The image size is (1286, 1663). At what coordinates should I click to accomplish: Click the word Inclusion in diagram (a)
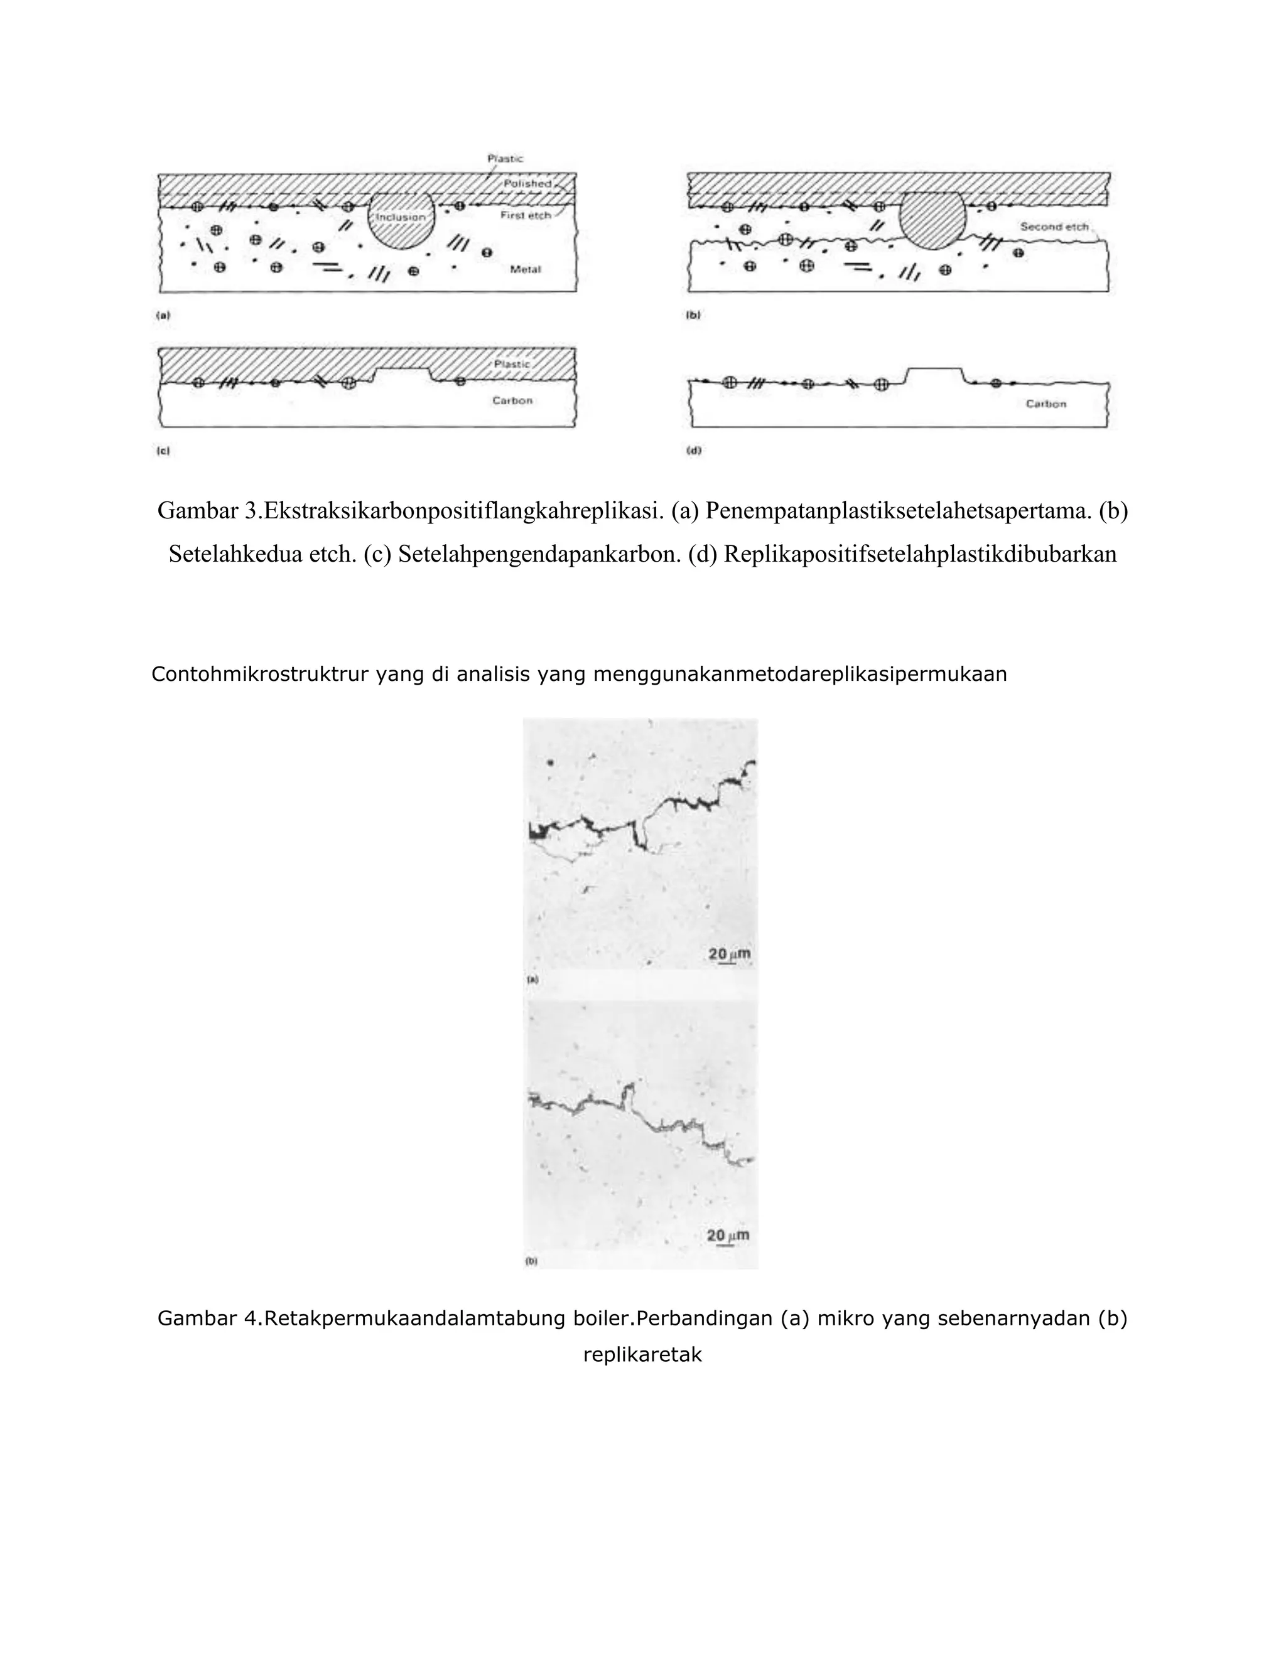(x=401, y=217)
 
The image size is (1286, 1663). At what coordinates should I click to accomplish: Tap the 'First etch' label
(x=525, y=215)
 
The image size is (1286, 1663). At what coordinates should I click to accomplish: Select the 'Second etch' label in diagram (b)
(x=1054, y=227)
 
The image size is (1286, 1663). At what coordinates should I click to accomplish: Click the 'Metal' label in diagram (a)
(x=525, y=270)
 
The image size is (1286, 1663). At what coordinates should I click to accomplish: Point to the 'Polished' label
(x=526, y=183)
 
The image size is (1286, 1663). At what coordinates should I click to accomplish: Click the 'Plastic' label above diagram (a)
(x=505, y=158)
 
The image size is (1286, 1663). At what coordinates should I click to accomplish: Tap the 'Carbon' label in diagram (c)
(x=512, y=400)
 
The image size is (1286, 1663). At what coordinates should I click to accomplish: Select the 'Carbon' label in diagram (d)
(x=1046, y=404)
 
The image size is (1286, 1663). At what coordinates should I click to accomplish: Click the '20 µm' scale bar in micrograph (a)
(x=730, y=956)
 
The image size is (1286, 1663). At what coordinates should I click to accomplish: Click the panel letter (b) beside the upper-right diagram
(x=693, y=314)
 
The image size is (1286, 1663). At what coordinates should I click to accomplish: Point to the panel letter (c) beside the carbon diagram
(x=162, y=451)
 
